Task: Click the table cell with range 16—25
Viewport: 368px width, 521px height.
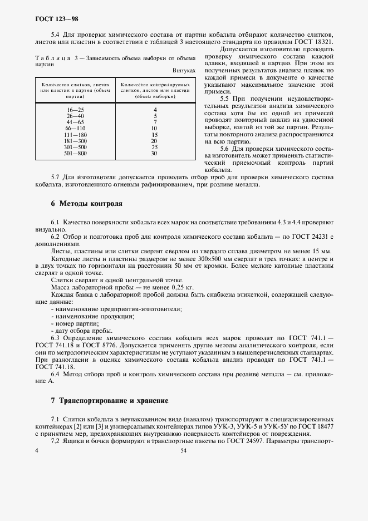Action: (75, 110)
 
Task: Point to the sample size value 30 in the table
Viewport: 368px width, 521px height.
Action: (155, 153)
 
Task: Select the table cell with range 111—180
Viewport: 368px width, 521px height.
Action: (75, 135)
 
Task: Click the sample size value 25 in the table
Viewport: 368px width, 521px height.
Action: (155, 147)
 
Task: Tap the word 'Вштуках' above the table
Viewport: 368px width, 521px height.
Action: (184, 71)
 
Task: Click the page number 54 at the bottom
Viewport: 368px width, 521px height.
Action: (184, 451)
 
